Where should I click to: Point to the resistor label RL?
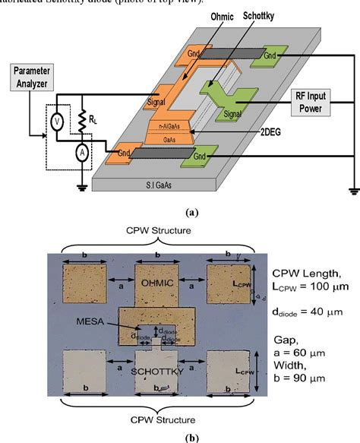(x=93, y=119)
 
